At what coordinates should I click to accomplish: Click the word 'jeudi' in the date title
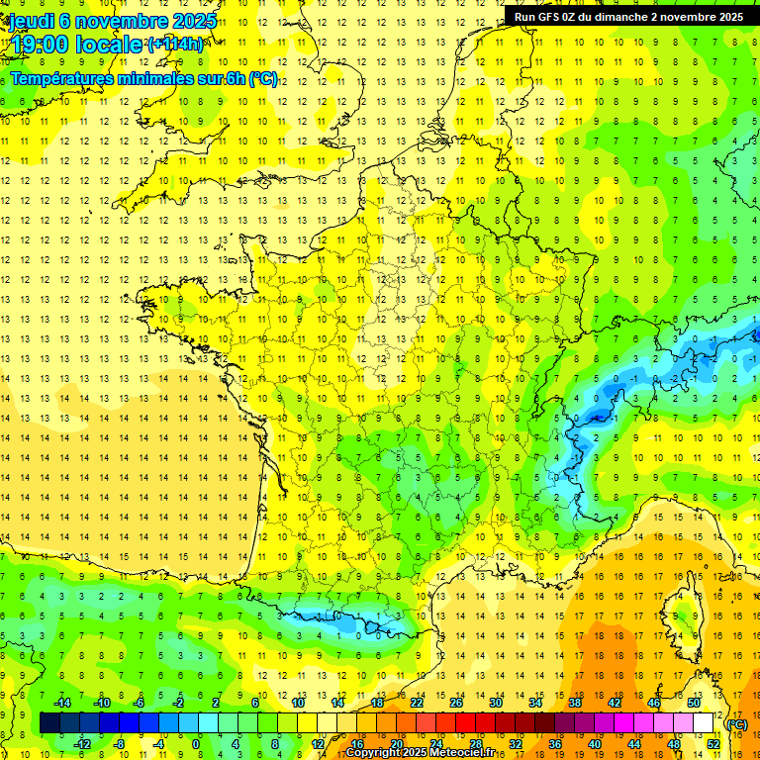[x=32, y=21]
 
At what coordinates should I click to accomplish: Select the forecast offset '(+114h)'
[x=175, y=45]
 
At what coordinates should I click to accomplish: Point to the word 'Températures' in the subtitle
[x=60, y=78]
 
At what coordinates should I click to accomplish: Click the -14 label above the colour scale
[x=61, y=703]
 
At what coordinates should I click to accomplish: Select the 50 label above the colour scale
[x=694, y=703]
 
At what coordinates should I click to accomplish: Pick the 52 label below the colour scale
[x=713, y=744]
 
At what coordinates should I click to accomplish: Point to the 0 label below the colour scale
[x=196, y=744]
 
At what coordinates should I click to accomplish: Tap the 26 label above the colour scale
[x=456, y=703]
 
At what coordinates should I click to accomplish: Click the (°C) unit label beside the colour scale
[x=736, y=723]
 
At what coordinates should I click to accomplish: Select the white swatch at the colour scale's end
[x=704, y=723]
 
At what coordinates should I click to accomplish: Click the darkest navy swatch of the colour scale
[x=49, y=723]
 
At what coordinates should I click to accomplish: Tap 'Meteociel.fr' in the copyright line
[x=466, y=753]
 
